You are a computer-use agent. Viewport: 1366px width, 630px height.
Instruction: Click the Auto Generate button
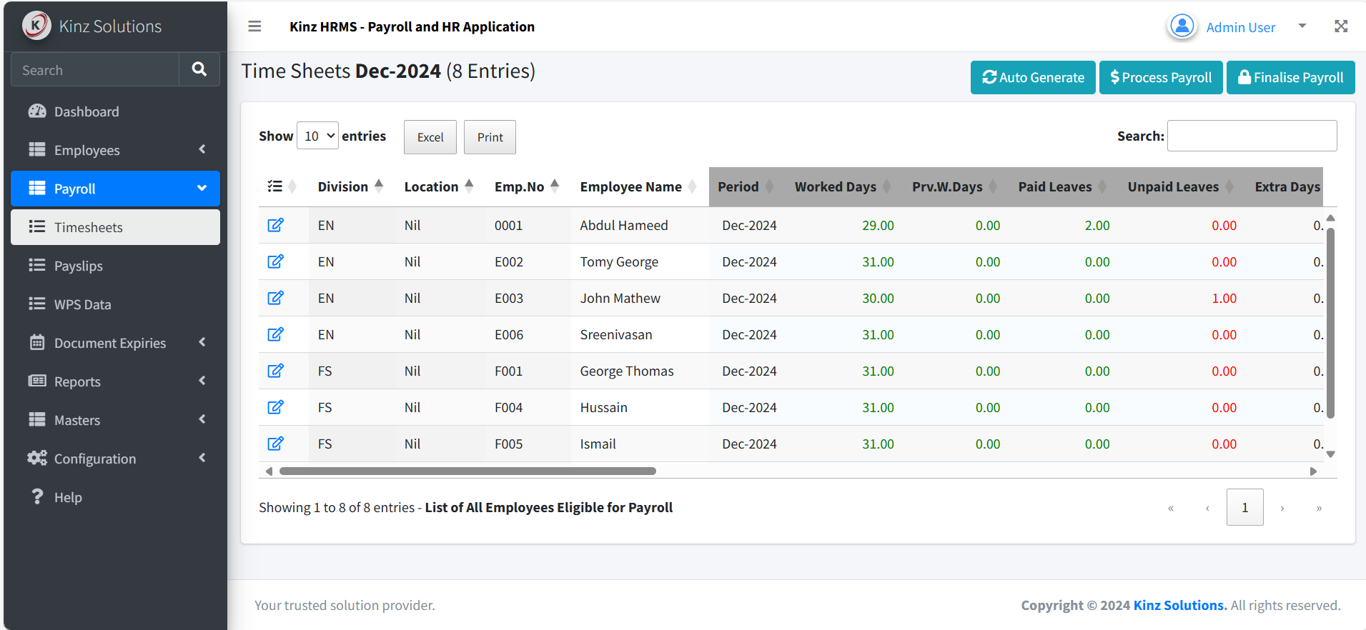coord(1033,77)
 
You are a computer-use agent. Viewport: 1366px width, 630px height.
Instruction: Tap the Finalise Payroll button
coord(1291,77)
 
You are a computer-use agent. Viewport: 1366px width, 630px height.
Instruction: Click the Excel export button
coord(430,137)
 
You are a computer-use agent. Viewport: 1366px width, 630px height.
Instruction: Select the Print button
coord(490,137)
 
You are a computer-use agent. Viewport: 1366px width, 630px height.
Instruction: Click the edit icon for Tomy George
coord(275,261)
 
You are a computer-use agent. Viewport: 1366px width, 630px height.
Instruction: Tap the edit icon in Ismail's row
coord(275,444)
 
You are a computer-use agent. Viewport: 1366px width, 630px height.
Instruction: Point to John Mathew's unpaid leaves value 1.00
coord(1224,299)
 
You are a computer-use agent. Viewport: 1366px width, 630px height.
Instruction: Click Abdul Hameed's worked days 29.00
coord(878,226)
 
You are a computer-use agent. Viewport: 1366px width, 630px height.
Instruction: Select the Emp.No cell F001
coord(508,371)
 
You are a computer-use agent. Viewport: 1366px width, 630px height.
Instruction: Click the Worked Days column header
coord(835,187)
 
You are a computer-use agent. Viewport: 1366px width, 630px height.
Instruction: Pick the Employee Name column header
coord(631,187)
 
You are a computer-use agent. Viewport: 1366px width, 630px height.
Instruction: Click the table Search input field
coord(1252,136)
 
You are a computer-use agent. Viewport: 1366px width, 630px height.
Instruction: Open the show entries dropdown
coord(317,136)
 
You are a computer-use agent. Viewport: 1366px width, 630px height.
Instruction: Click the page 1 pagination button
coord(1244,507)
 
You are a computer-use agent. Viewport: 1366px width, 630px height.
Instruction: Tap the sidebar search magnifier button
coord(199,69)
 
